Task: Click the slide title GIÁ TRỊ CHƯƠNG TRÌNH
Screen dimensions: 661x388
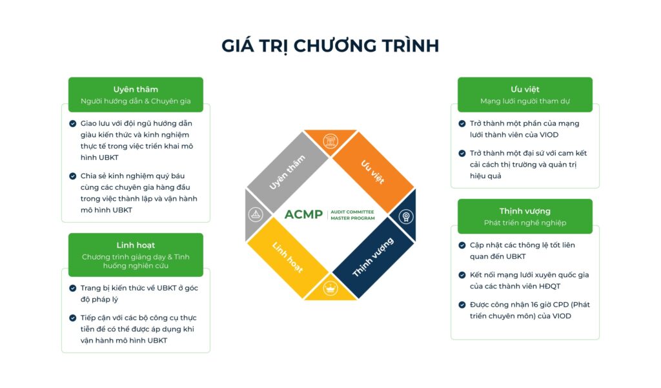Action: click(330, 46)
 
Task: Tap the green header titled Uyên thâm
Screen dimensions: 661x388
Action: click(136, 94)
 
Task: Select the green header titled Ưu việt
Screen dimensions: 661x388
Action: click(525, 94)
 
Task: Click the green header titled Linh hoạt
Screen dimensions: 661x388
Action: click(136, 255)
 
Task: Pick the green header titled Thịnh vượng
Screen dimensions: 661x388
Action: click(525, 216)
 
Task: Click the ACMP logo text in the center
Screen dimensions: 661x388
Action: click(303, 215)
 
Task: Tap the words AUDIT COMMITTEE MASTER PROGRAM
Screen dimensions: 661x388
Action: click(352, 215)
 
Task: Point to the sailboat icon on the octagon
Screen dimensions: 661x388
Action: click(256, 215)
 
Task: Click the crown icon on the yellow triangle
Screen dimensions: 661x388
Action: click(330, 289)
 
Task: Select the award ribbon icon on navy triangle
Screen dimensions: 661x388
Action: click(406, 217)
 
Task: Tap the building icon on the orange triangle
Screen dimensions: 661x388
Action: click(330, 141)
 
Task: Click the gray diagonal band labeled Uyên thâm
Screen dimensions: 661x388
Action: click(287, 172)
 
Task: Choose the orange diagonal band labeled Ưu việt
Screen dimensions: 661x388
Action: click(373, 172)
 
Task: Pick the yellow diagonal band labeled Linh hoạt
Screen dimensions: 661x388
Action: click(287, 258)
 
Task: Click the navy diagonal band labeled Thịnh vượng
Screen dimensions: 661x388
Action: click(373, 258)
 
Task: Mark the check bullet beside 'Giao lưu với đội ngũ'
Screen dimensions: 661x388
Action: click(72, 123)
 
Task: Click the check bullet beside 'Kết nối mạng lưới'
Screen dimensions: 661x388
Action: click(462, 275)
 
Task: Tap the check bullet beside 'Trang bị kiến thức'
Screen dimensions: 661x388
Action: click(72, 288)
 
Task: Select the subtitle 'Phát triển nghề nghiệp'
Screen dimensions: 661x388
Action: click(525, 223)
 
